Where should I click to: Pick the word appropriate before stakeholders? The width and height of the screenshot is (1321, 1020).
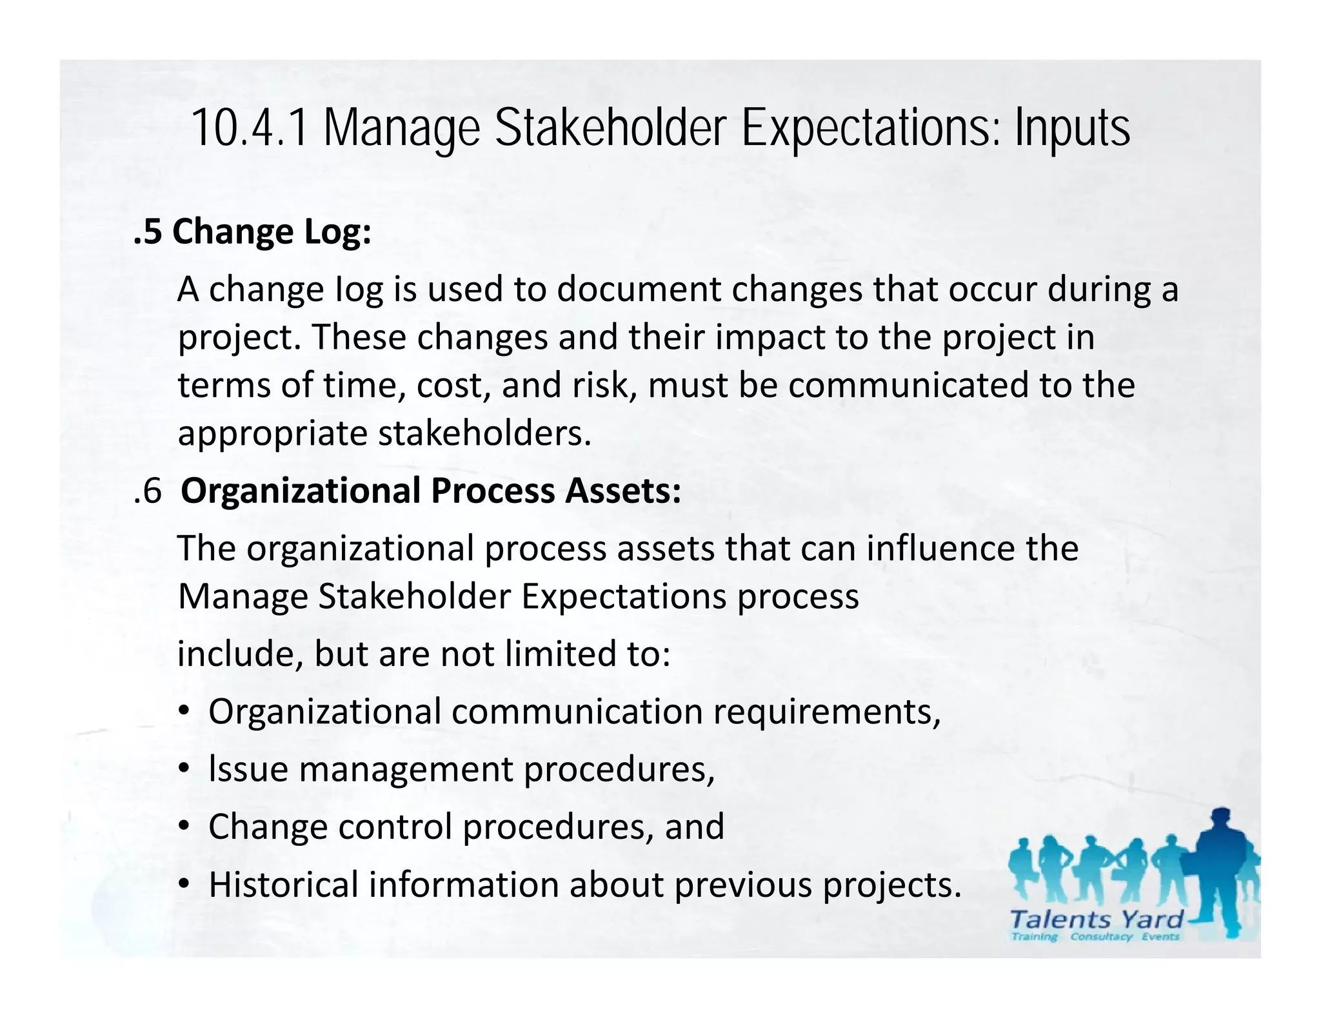[272, 433]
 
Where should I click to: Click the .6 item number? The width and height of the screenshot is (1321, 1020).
[148, 491]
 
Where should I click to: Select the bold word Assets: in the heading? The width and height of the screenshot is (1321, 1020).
[623, 491]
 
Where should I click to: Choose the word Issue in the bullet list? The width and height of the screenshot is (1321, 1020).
[248, 769]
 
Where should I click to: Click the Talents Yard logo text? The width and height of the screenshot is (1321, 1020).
[1096, 919]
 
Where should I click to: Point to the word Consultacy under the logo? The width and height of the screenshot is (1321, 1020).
[1100, 937]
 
